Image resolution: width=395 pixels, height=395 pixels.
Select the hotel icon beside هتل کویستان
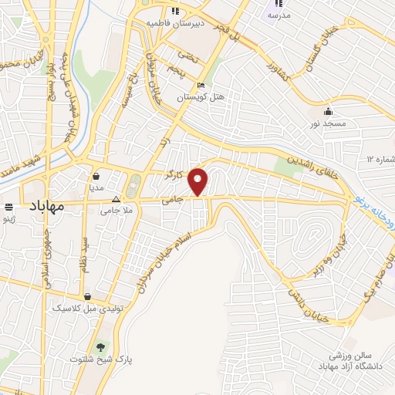(x=201, y=86)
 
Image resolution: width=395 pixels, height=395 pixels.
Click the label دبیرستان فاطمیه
(x=175, y=23)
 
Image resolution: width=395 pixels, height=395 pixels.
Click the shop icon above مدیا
(x=96, y=175)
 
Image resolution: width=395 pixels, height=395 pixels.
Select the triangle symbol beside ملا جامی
(x=116, y=197)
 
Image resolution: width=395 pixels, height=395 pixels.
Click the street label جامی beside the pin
(x=170, y=201)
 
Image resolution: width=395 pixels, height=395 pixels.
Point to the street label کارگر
(x=174, y=175)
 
